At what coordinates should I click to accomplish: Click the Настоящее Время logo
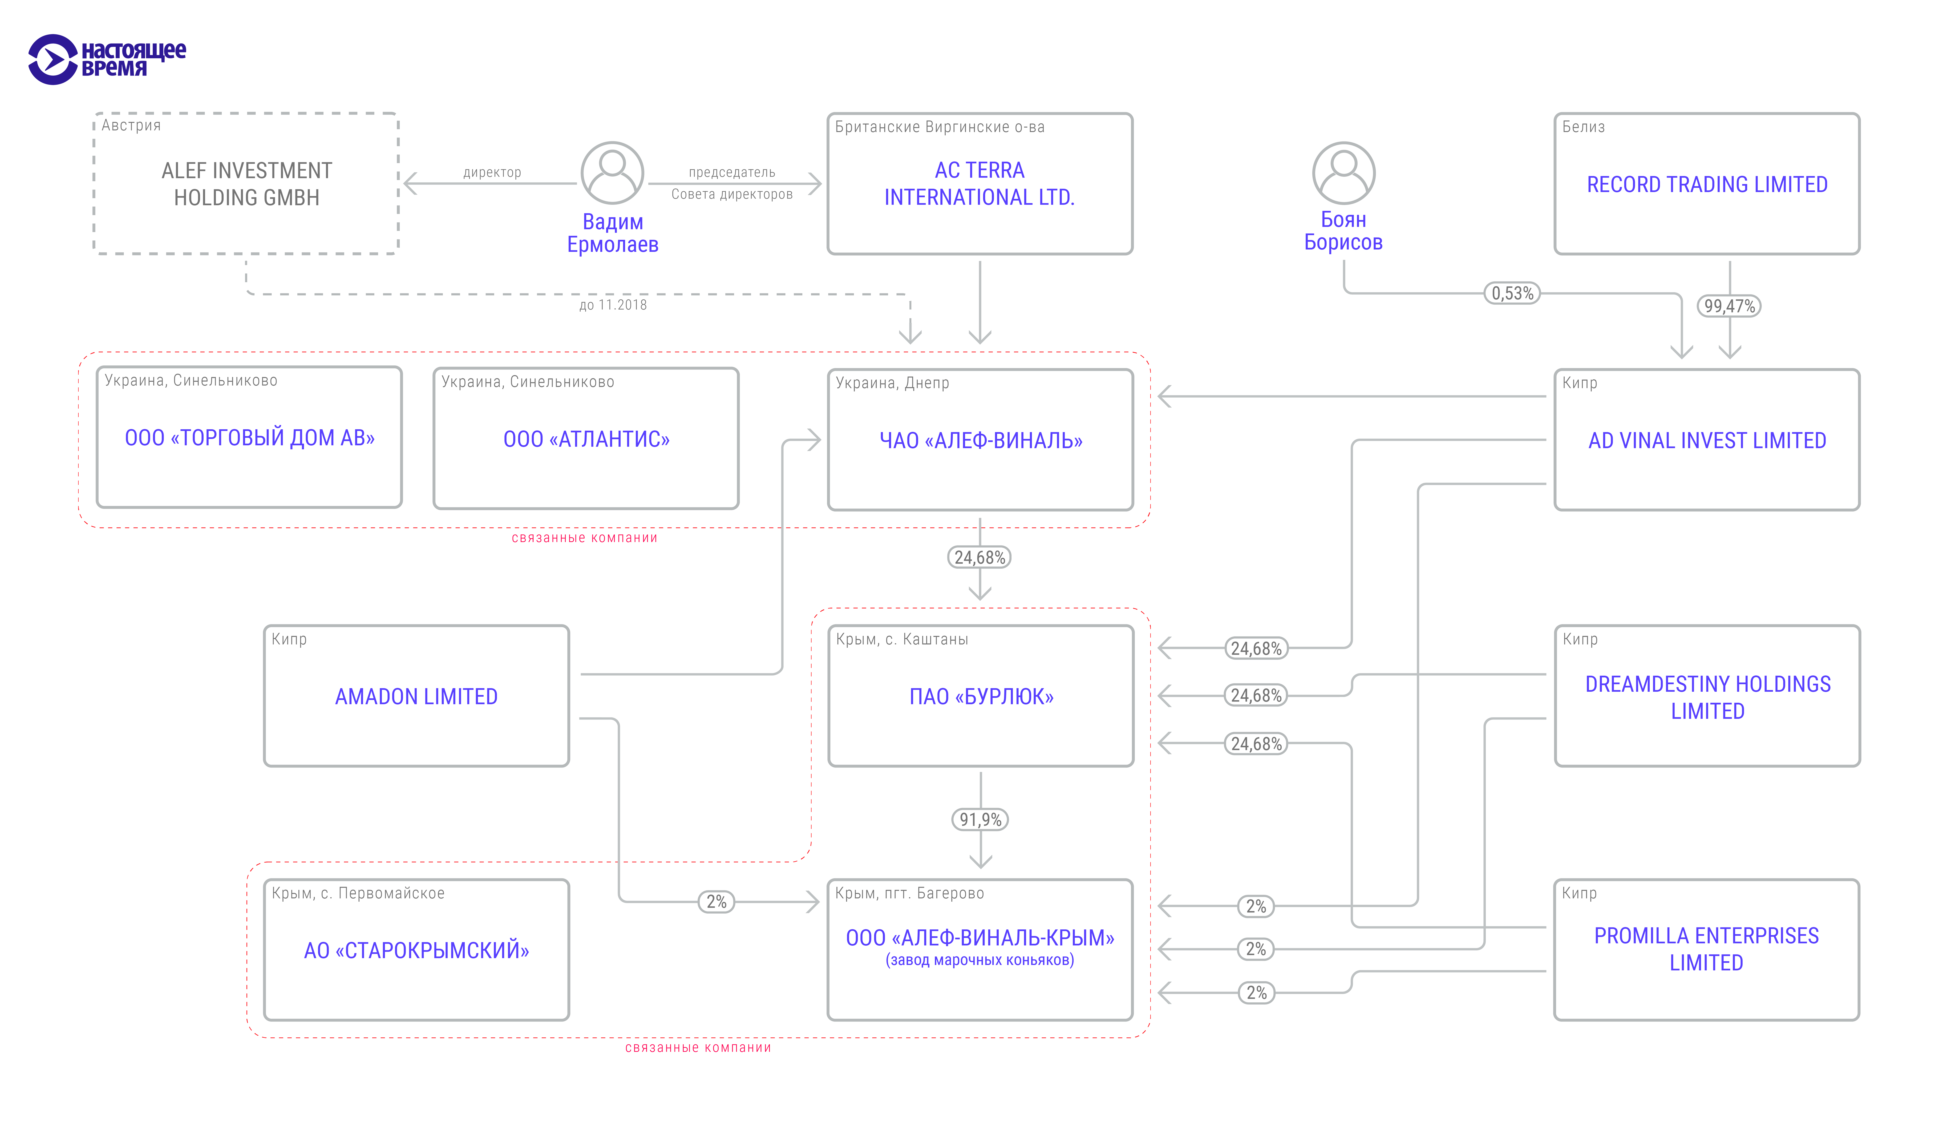[x=107, y=59]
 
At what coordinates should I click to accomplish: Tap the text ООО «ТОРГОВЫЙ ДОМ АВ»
[x=249, y=438]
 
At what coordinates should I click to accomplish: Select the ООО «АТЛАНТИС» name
[x=586, y=440]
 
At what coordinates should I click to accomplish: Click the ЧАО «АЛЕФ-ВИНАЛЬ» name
[x=980, y=440]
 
